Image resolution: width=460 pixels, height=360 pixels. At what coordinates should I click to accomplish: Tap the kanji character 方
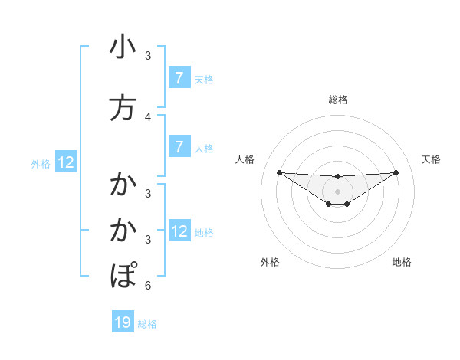[x=123, y=109]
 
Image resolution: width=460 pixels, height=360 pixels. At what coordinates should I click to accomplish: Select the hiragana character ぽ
[x=123, y=275]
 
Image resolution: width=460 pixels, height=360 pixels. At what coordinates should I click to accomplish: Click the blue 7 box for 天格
[x=179, y=78]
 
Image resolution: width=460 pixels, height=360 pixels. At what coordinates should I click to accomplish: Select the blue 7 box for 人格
[x=179, y=146]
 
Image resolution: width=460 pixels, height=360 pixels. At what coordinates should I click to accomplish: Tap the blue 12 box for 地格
[x=179, y=231]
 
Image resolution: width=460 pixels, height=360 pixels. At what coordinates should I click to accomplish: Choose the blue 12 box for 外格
[x=65, y=162]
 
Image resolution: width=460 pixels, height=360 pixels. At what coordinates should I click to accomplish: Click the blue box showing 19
[x=123, y=322]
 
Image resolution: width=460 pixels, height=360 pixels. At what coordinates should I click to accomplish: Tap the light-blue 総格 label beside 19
[x=148, y=324]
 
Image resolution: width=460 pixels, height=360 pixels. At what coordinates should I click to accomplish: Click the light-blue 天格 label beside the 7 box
[x=204, y=79]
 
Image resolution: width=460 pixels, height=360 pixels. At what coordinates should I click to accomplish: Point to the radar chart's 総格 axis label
[x=337, y=100]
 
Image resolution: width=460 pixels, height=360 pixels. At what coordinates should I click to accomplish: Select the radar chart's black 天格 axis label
[x=431, y=159]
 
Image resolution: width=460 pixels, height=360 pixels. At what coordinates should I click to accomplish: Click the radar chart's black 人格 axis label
[x=245, y=159]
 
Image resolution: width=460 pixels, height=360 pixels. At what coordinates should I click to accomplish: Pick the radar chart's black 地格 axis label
[x=402, y=262]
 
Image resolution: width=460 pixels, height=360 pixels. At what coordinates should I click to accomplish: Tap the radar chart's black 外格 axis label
[x=270, y=262]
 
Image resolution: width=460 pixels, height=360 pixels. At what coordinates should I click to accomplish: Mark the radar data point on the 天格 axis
[x=396, y=172]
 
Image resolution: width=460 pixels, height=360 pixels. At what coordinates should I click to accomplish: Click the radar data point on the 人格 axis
[x=279, y=172]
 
